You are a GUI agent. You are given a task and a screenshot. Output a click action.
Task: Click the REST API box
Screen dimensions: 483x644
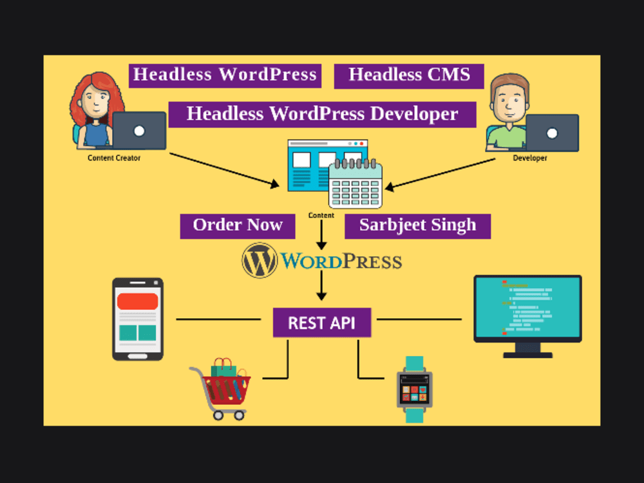click(321, 322)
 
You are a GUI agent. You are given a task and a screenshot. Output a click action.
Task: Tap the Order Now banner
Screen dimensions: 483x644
click(238, 225)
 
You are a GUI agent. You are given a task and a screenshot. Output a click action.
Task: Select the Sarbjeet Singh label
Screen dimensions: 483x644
click(417, 225)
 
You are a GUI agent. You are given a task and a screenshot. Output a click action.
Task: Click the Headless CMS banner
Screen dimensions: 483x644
click(409, 75)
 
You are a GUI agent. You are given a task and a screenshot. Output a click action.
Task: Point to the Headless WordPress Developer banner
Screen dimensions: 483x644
click(322, 114)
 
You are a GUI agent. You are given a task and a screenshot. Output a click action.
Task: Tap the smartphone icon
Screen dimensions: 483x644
click(138, 319)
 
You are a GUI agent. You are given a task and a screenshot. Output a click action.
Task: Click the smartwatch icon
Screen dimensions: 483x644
click(414, 390)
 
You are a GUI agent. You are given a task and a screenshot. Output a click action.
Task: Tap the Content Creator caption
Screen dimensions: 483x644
click(114, 158)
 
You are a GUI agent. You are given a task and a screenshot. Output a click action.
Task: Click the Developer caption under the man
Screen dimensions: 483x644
click(529, 158)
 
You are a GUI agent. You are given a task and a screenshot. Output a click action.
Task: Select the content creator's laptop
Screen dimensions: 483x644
click(138, 131)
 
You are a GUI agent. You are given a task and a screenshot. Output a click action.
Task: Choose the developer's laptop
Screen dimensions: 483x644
click(551, 133)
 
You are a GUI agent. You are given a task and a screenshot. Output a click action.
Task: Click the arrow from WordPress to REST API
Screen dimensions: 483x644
click(321, 286)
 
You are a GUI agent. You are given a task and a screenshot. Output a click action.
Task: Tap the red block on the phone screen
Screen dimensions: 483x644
click(137, 301)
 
